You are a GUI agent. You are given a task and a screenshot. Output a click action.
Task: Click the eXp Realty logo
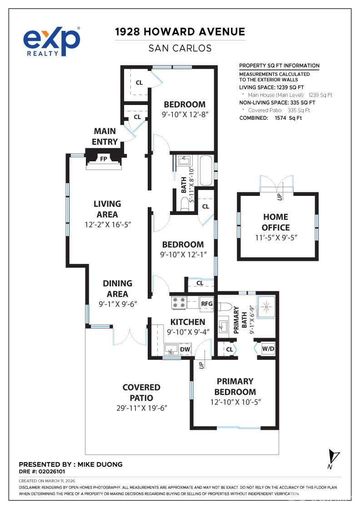pyautogui.click(x=52, y=41)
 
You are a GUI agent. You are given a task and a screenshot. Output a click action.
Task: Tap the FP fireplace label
pyautogui.click(x=104, y=159)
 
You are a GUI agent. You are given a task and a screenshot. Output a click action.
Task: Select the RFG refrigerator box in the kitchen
pyautogui.click(x=206, y=304)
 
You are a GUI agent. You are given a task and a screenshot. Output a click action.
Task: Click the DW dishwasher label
pyautogui.click(x=185, y=349)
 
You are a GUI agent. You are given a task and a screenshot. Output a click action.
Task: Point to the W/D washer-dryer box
pyautogui.click(x=268, y=349)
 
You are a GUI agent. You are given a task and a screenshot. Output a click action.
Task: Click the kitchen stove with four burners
pyautogui.click(x=178, y=303)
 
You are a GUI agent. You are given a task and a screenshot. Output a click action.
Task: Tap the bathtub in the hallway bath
pyautogui.click(x=206, y=170)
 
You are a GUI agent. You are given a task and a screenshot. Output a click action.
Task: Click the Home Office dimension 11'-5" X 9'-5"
pyautogui.click(x=276, y=237)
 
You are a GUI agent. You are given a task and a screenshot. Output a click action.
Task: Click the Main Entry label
pyautogui.click(x=105, y=136)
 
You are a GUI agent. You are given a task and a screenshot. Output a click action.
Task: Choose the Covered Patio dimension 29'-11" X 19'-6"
pyautogui.click(x=142, y=408)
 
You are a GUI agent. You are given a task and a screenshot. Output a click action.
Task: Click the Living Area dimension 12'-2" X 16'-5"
pyautogui.click(x=107, y=225)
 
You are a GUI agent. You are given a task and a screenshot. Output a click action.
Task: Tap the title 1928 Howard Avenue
pyautogui.click(x=180, y=32)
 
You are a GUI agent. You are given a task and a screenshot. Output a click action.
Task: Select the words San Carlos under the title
pyautogui.click(x=180, y=48)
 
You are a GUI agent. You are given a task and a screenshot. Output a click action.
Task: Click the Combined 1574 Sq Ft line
pyautogui.click(x=270, y=118)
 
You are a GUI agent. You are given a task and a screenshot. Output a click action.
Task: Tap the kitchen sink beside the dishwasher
pyautogui.click(x=171, y=349)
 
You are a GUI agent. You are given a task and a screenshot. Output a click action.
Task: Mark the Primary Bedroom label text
pyautogui.click(x=235, y=386)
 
